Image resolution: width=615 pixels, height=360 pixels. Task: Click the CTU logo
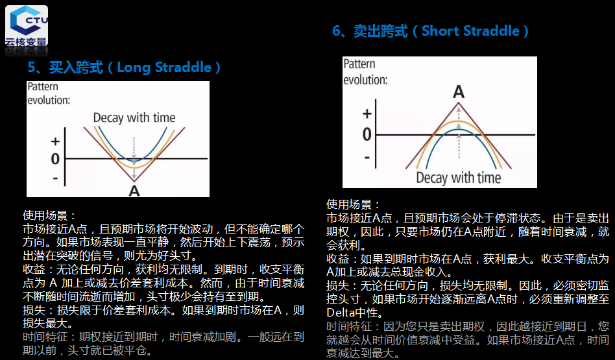[x=27, y=27]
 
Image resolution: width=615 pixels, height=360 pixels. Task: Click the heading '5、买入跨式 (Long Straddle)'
[x=124, y=67]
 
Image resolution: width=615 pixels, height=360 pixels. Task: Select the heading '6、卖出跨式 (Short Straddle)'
[x=430, y=31]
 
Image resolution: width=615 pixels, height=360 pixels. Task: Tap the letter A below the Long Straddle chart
[x=134, y=191]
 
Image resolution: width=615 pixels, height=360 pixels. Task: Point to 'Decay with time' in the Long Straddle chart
[x=134, y=117]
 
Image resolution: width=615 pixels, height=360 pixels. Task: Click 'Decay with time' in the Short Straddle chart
[x=459, y=178]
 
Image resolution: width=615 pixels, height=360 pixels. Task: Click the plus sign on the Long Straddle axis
[x=55, y=141]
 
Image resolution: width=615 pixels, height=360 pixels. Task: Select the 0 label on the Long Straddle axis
[x=55, y=159]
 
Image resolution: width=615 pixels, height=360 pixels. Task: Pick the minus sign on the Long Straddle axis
[x=55, y=178]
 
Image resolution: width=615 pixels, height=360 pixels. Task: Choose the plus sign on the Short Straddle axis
[x=367, y=114]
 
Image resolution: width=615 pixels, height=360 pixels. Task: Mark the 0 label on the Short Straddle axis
[x=367, y=134]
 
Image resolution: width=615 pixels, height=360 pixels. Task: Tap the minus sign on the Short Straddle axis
[x=367, y=158]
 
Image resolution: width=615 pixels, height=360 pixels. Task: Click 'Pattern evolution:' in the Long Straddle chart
[x=49, y=93]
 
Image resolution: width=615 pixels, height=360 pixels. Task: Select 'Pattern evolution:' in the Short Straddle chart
[x=365, y=72]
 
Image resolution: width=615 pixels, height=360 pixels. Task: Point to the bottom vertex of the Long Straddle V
[x=134, y=181]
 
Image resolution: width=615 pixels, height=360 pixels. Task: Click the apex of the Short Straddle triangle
[x=459, y=102]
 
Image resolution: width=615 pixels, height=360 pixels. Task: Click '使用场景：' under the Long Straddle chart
[x=49, y=216]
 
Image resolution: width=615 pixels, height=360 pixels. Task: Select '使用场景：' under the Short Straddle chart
[x=353, y=204]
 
